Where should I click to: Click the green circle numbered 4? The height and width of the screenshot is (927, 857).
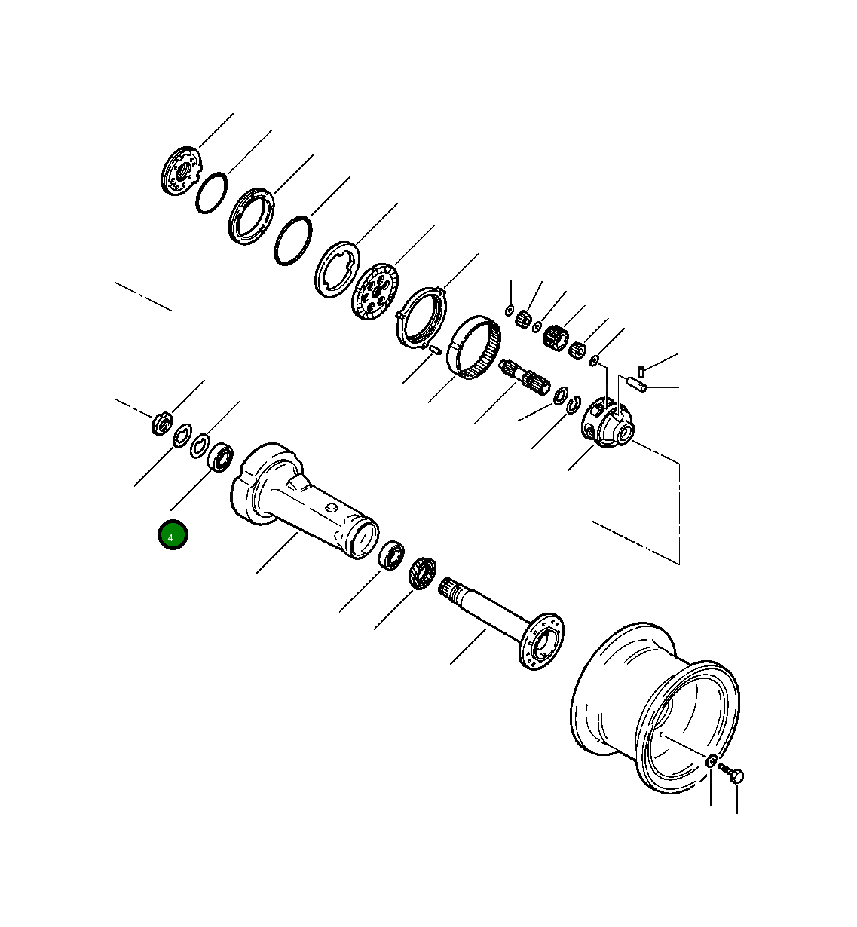click(172, 535)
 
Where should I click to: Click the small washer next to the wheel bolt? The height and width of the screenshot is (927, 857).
click(711, 761)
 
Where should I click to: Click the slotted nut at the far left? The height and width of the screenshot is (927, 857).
click(161, 423)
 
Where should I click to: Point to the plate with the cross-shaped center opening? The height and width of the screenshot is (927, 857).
click(334, 267)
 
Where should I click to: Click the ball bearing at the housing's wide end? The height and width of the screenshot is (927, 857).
click(220, 457)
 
